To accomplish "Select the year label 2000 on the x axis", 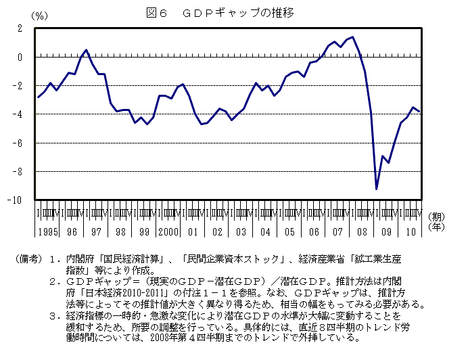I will pos(168,231).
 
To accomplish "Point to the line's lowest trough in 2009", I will pos(377,189).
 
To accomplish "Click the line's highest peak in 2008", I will pos(352,37).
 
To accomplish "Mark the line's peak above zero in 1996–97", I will pos(87,50).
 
